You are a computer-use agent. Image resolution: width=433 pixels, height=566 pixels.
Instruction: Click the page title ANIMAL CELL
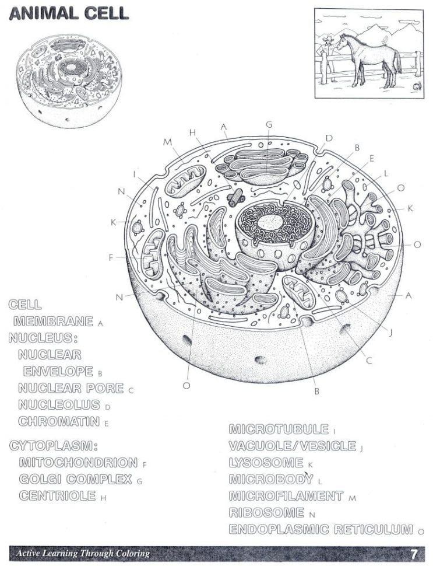pos(68,15)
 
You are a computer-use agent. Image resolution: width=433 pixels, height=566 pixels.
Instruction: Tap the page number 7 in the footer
pos(414,553)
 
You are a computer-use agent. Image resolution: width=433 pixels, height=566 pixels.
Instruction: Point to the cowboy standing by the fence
pos(328,55)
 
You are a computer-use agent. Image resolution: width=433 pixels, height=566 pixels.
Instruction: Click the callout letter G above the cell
pos(269,124)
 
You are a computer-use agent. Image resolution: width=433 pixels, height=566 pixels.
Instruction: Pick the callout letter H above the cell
pos(192,132)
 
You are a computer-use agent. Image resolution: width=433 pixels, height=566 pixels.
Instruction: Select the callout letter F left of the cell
pos(111,257)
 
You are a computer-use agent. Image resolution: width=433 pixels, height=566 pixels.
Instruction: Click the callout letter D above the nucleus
pos(329,138)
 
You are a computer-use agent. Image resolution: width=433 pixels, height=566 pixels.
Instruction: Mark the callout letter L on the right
pos(386,173)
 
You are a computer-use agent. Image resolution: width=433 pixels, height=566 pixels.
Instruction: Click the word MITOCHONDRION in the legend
pos(78,463)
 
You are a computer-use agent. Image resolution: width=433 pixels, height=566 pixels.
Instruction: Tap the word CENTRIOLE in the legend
pos(57,496)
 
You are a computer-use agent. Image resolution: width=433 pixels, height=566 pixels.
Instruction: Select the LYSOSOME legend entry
pos(266,463)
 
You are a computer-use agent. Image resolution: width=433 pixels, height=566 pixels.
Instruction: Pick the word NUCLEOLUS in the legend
pos(60,404)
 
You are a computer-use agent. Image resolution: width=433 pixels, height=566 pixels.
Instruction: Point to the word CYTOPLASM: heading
pos(52,446)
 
